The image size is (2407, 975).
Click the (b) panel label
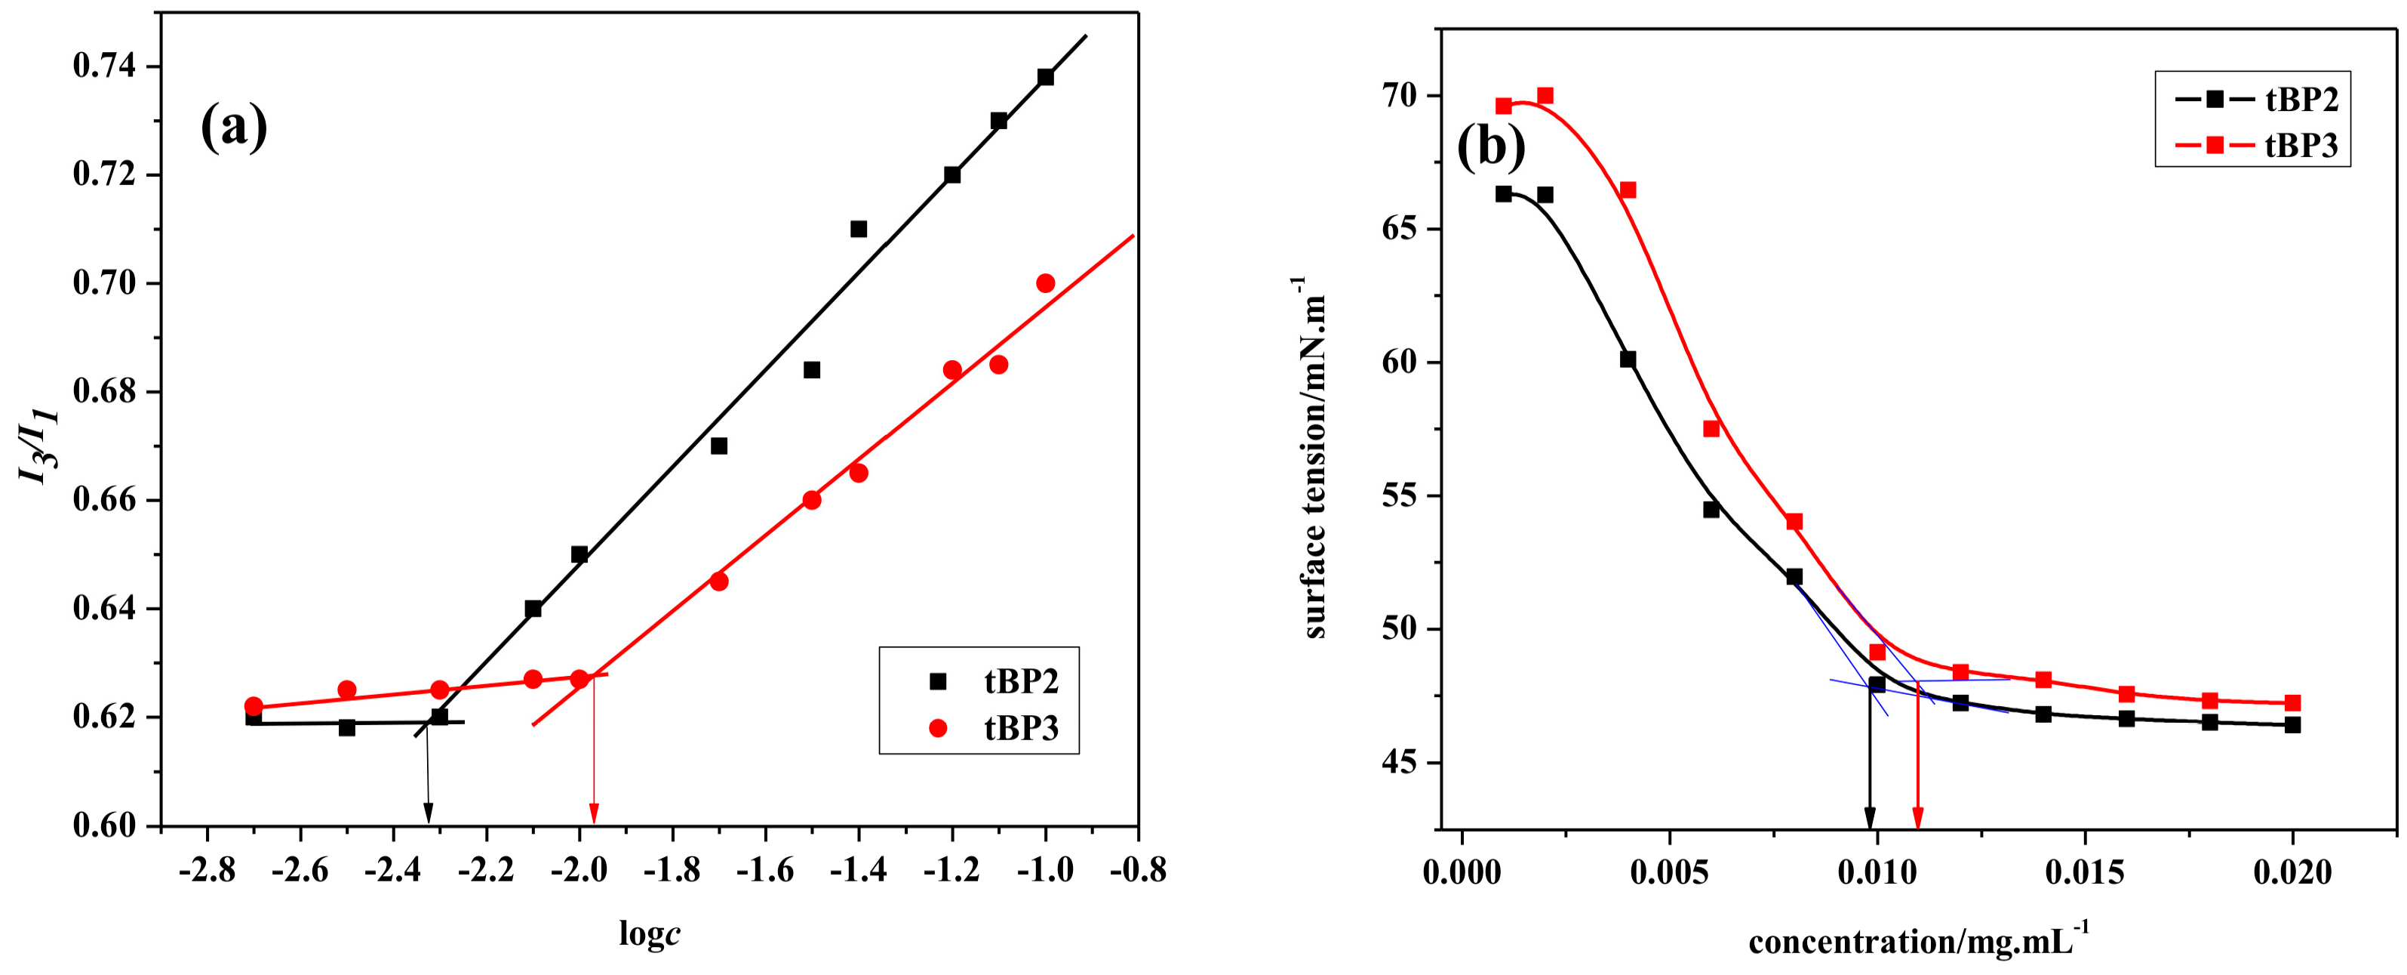1490,147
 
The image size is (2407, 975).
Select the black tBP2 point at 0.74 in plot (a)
1044,76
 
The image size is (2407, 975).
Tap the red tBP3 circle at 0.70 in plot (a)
1044,283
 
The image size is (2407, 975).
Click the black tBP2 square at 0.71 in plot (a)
858,229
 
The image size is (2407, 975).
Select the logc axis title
650,932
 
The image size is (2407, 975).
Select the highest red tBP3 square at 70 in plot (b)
1545,95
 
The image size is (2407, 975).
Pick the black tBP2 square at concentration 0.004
1628,359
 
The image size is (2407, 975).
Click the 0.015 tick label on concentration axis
2084,873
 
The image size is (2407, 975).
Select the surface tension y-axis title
1314,458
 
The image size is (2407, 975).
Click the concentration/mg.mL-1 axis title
1917,940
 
